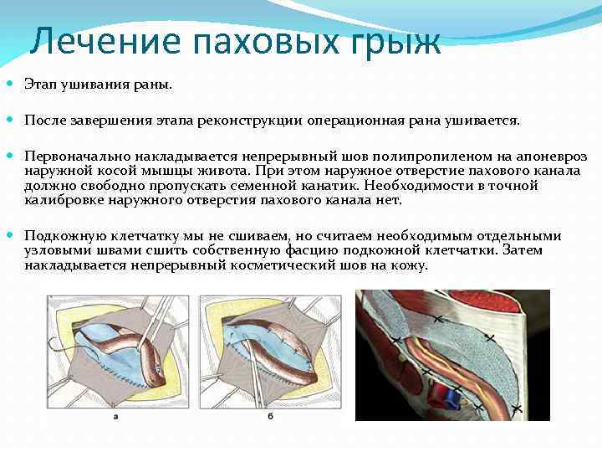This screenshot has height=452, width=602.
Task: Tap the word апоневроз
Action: tap(552, 157)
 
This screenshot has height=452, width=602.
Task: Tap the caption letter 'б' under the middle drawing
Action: tap(269, 415)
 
